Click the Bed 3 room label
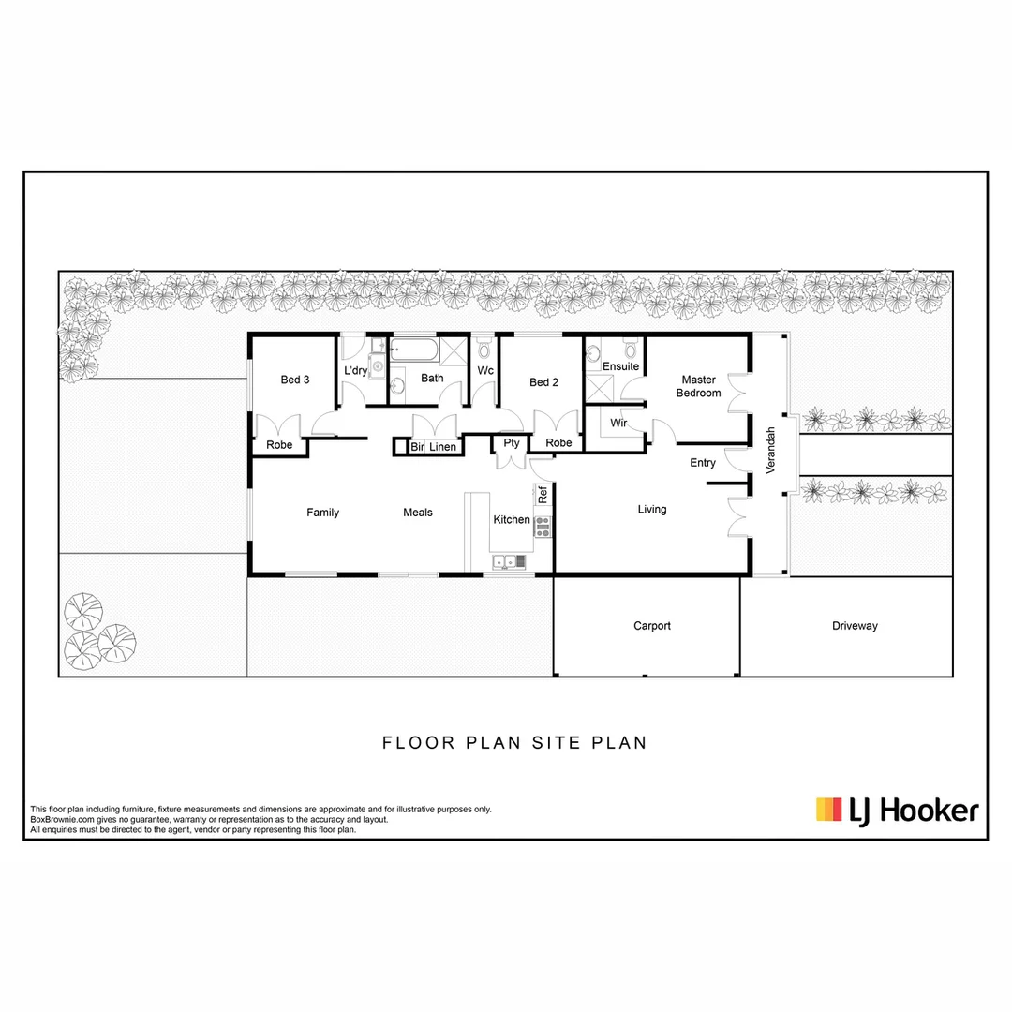295,379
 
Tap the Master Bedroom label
699,386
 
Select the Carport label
652,626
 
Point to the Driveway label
855,626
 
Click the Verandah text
771,451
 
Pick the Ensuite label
620,366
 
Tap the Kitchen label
512,520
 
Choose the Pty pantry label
511,443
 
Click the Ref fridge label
543,494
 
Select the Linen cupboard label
442,447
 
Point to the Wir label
618,424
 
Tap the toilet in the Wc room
484,350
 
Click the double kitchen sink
507,563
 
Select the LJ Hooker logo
897,810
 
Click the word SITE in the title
559,743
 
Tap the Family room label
322,513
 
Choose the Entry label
703,463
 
